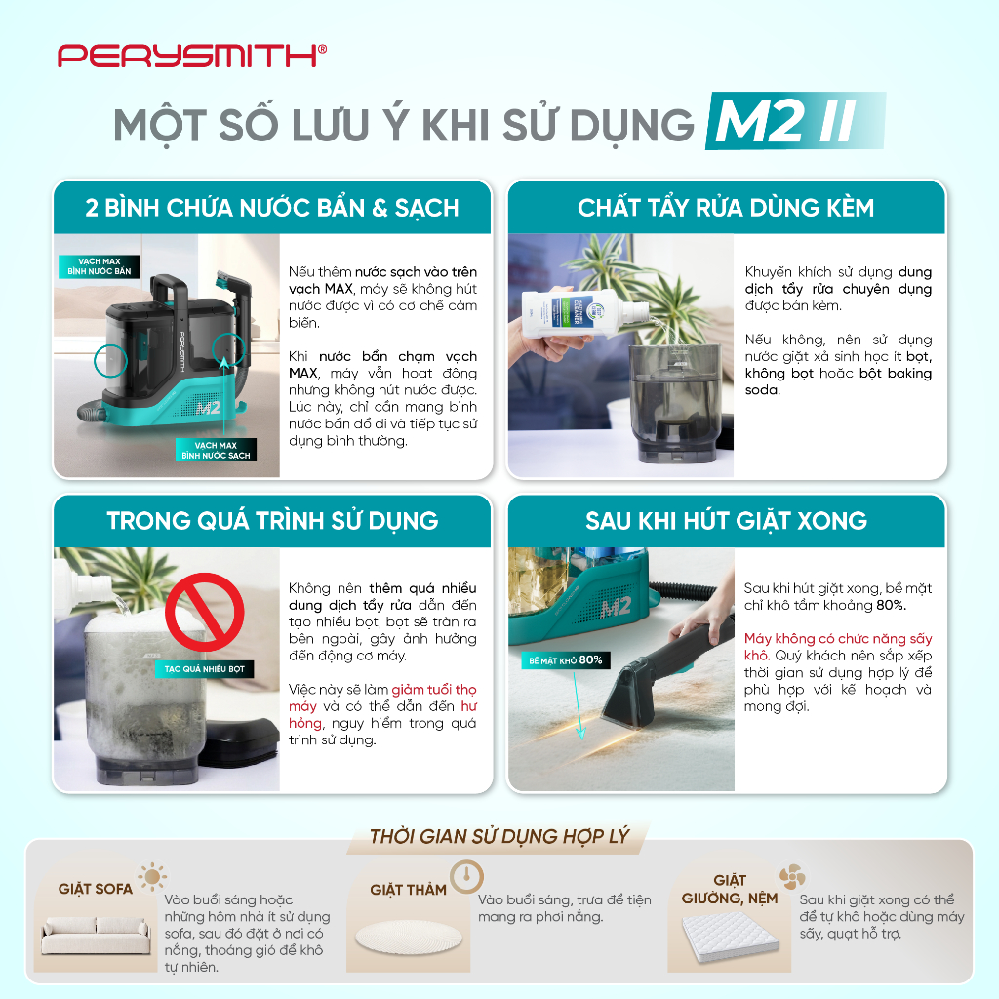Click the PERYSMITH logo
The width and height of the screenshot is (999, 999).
(x=192, y=56)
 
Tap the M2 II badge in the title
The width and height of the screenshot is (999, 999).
(x=795, y=121)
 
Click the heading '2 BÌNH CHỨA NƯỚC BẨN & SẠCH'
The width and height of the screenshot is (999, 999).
(x=272, y=208)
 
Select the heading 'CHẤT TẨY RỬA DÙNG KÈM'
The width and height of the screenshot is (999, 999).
(x=726, y=208)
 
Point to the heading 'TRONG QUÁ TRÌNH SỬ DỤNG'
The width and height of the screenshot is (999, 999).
(x=272, y=521)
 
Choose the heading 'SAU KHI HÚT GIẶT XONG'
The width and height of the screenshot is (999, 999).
(x=726, y=521)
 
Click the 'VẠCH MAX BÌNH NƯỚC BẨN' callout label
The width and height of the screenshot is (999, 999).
(x=100, y=266)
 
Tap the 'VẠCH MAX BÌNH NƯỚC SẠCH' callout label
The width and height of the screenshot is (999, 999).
(x=216, y=450)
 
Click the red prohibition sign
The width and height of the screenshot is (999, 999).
(x=205, y=612)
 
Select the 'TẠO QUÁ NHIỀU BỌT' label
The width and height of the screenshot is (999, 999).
(x=205, y=669)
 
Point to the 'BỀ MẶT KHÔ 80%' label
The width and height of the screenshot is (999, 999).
(x=566, y=660)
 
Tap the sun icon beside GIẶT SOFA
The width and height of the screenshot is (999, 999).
(x=153, y=877)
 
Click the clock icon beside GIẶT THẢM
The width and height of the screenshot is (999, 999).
(x=467, y=877)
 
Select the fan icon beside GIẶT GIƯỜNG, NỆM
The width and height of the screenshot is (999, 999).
(x=792, y=877)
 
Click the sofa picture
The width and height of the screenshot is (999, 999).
(x=97, y=935)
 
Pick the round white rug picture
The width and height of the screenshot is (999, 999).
(x=409, y=937)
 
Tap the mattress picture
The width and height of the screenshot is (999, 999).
(x=730, y=936)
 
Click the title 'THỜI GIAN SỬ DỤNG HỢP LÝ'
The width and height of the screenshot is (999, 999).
(x=499, y=836)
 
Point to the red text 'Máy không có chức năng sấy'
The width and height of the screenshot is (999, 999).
(x=838, y=638)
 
